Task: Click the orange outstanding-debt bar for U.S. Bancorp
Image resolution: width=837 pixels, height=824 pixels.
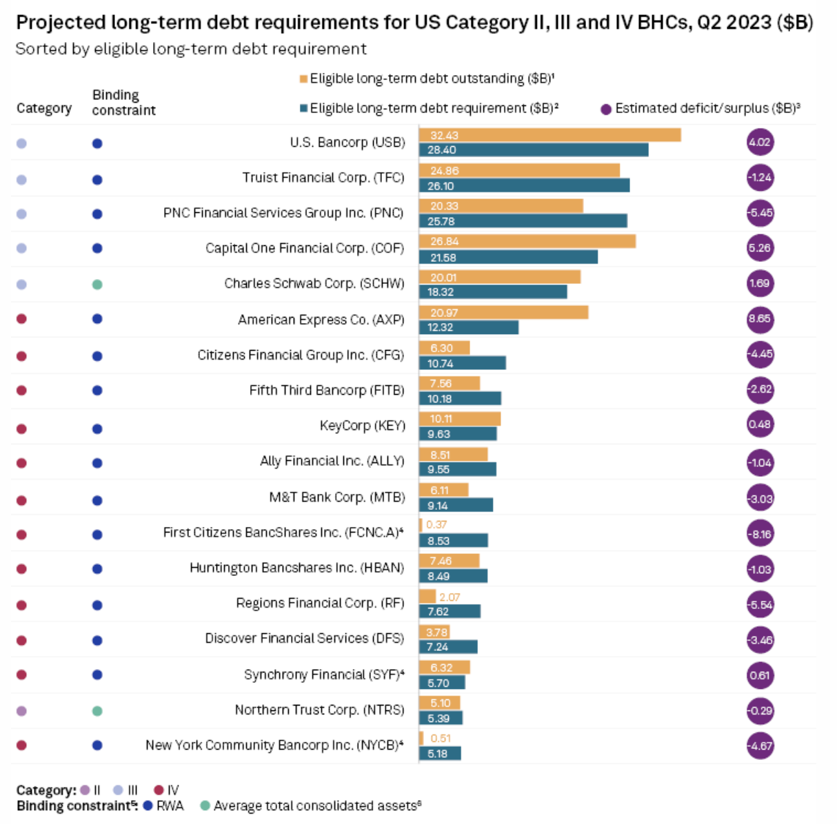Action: pyautogui.click(x=549, y=135)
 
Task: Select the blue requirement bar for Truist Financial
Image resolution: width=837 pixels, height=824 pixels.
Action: pyautogui.click(x=524, y=186)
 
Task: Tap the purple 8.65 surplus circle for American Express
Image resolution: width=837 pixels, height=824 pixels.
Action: pyautogui.click(x=760, y=319)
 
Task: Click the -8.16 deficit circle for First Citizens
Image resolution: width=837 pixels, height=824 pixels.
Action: pyautogui.click(x=760, y=534)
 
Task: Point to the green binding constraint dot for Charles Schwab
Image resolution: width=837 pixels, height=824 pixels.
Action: pyautogui.click(x=97, y=284)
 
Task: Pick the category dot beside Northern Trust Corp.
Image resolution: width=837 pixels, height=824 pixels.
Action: pyautogui.click(x=21, y=710)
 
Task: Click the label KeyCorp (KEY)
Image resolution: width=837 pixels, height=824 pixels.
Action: pyautogui.click(x=362, y=425)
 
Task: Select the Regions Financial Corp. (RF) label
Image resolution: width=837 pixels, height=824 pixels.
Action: pyautogui.click(x=320, y=603)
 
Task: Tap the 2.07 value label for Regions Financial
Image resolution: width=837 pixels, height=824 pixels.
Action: pyautogui.click(x=450, y=597)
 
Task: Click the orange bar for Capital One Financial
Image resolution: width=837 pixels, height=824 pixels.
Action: pyautogui.click(x=527, y=241)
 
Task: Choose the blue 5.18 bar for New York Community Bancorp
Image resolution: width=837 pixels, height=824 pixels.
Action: pyautogui.click(x=440, y=754)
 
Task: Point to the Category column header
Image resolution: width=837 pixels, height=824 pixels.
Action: pyautogui.click(x=44, y=108)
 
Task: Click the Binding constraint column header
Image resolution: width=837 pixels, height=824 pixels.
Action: pyautogui.click(x=124, y=102)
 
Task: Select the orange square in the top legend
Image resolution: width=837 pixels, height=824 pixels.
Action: pyautogui.click(x=303, y=79)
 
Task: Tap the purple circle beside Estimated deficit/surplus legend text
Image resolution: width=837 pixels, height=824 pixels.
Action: pyautogui.click(x=606, y=109)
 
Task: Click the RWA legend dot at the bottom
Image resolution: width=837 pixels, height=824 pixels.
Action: pyautogui.click(x=148, y=805)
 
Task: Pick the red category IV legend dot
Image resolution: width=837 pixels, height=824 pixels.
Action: pyautogui.click(x=159, y=790)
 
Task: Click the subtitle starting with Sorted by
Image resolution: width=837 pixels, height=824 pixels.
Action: pyautogui.click(x=191, y=49)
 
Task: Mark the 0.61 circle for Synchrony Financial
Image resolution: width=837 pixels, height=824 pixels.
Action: pyautogui.click(x=760, y=675)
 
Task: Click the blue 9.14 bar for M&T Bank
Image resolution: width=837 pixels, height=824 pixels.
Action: pyautogui.click(x=456, y=505)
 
